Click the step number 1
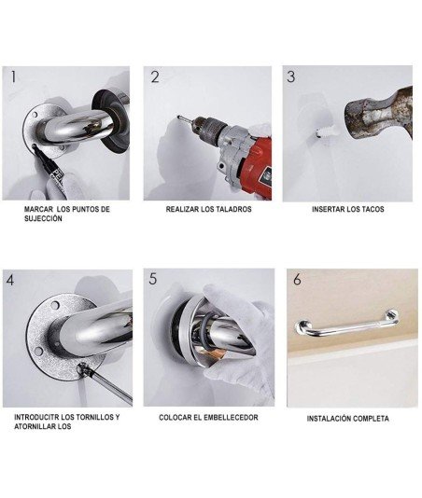[13, 76]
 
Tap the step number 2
[155, 77]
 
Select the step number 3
[290, 76]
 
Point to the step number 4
[10, 280]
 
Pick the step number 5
[152, 279]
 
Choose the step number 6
[297, 279]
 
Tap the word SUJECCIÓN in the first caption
[43, 218]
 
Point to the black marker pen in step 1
[48, 165]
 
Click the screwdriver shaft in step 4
[108, 384]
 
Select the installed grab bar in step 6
[346, 327]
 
